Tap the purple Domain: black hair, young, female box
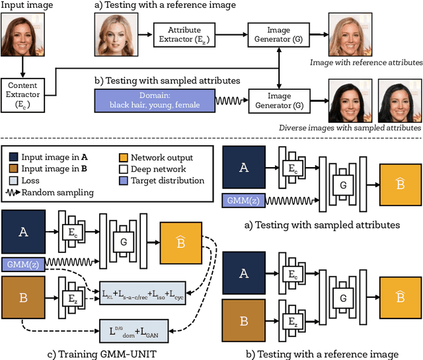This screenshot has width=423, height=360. pyautogui.click(x=155, y=100)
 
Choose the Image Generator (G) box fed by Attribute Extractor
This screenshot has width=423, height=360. pyautogui.click(x=278, y=31)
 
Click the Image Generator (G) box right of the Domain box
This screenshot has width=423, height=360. pyautogui.click(x=278, y=100)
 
